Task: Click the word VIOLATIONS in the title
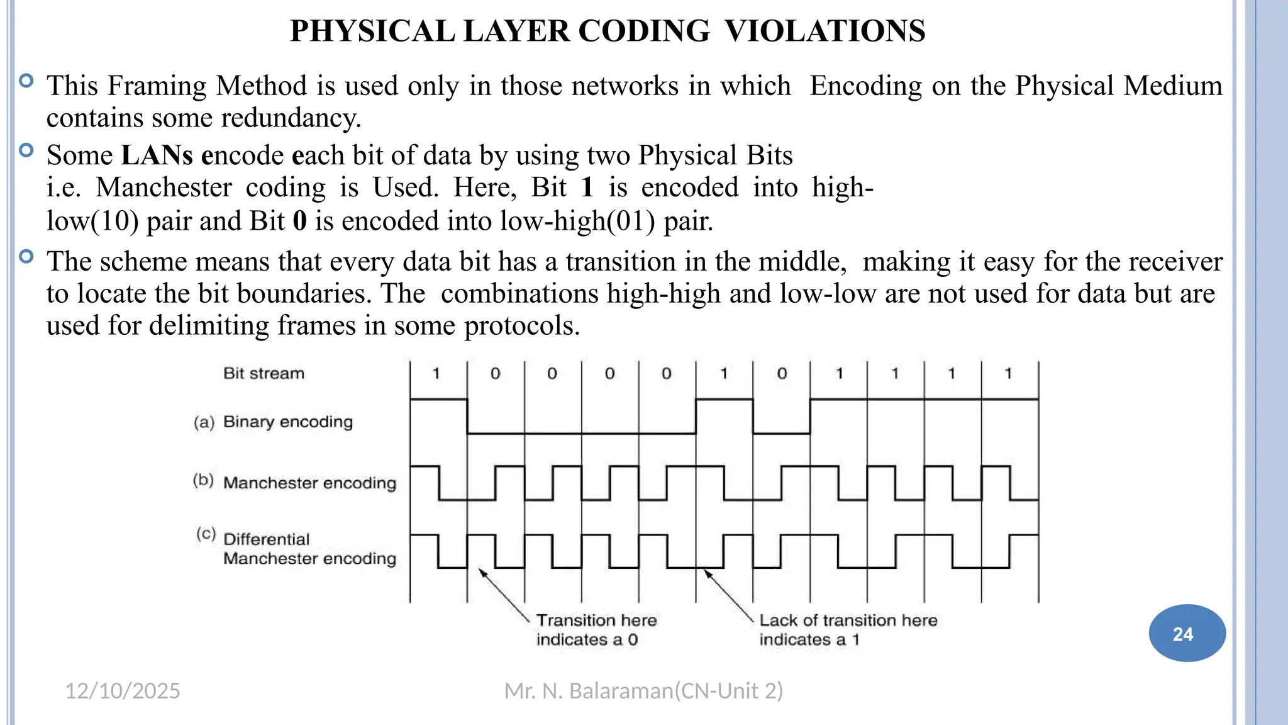(x=824, y=31)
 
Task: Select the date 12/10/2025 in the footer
(x=123, y=691)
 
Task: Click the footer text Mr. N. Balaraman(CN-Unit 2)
(x=643, y=691)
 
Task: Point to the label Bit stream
(x=264, y=373)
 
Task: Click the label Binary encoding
(x=288, y=422)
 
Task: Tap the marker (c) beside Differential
(x=206, y=534)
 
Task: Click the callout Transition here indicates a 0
(x=596, y=630)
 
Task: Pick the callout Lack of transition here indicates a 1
(x=848, y=630)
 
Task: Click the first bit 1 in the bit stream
(x=436, y=374)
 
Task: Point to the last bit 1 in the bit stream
(x=1009, y=374)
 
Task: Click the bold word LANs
(x=157, y=155)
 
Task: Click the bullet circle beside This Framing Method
(x=26, y=81)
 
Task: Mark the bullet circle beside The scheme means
(x=26, y=256)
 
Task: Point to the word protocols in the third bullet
(x=521, y=326)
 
